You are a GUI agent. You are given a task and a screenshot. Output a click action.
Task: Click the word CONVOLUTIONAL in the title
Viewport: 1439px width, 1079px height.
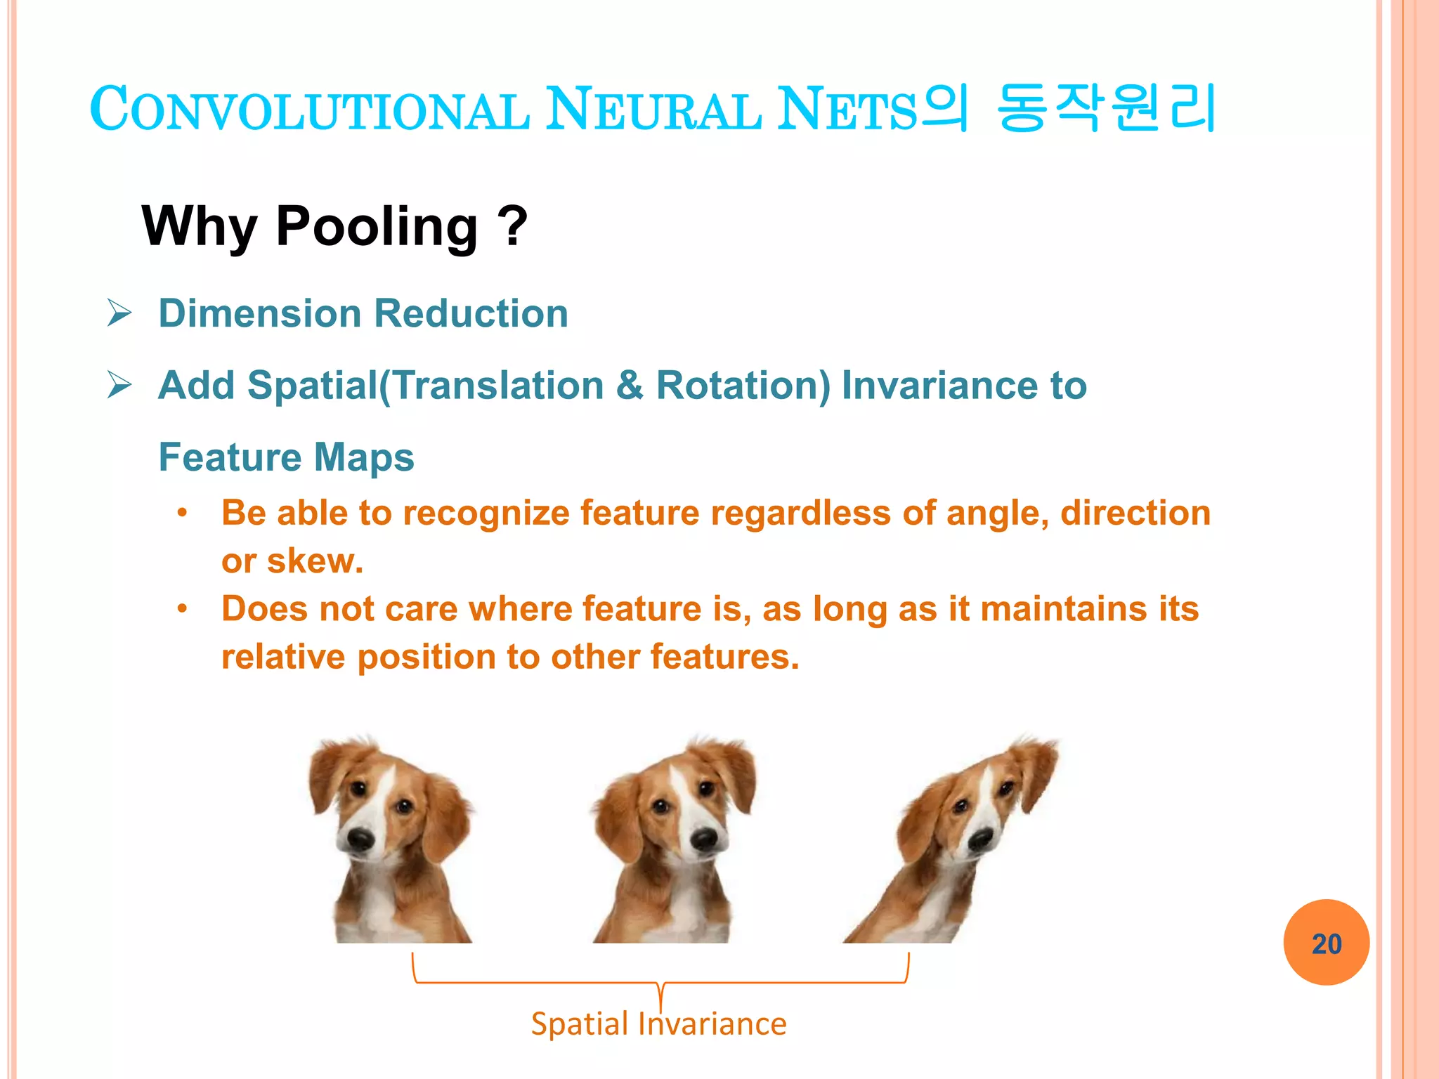tap(309, 110)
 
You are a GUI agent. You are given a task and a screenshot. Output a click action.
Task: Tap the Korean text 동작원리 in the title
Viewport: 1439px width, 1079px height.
tap(1106, 109)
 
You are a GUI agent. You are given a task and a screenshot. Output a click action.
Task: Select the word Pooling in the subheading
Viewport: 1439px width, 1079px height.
tap(377, 227)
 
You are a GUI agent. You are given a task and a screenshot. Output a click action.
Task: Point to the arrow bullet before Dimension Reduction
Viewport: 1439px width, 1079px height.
tap(119, 313)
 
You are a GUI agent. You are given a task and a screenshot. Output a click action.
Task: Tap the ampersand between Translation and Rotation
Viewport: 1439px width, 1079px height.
tap(630, 386)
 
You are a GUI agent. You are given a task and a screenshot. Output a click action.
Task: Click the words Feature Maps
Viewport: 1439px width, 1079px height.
tap(286, 457)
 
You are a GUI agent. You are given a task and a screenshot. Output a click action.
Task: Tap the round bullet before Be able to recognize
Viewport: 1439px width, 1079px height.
tap(182, 513)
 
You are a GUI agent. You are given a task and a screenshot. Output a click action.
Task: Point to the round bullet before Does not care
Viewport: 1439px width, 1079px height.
tap(182, 609)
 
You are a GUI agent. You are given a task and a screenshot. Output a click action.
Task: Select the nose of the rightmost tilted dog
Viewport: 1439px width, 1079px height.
tap(980, 838)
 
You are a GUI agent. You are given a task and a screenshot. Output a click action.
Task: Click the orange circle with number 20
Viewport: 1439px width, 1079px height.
tap(1326, 943)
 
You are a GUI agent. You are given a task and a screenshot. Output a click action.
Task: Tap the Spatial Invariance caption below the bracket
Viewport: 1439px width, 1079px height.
tap(658, 1024)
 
